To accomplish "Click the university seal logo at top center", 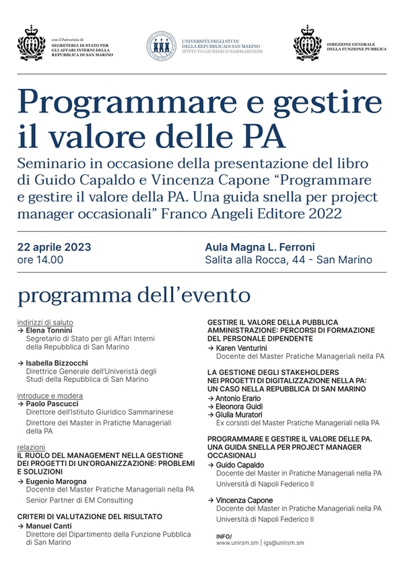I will pyautogui.click(x=162, y=46).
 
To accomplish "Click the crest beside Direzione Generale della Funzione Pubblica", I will pyautogui.click(x=308, y=44).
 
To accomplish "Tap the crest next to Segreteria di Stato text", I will pyautogui.click(x=31, y=44).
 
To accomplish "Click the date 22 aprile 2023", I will pyautogui.click(x=54, y=247).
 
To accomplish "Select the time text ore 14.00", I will pyautogui.click(x=40, y=260).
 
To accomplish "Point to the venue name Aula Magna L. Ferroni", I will pyautogui.click(x=260, y=247).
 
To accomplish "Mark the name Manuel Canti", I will pyautogui.click(x=50, y=525).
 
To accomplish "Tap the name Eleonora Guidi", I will pyautogui.click(x=239, y=407).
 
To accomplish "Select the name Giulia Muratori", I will pyautogui.click(x=240, y=415).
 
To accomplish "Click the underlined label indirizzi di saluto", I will pyautogui.click(x=45, y=323).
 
